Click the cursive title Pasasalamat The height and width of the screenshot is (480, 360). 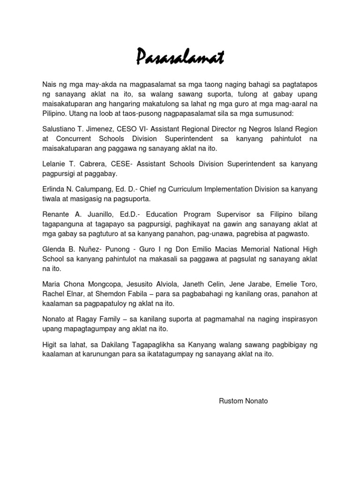180,58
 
